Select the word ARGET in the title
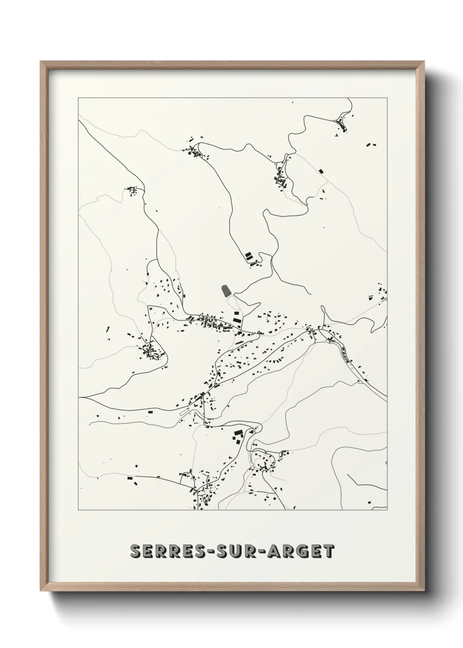click(298, 552)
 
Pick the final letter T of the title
click(329, 552)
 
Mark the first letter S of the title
click(136, 552)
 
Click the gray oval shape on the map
click(226, 290)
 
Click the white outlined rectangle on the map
click(184, 412)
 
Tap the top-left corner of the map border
click(78, 98)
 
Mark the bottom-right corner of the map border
click(387, 510)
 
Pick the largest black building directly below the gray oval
click(237, 321)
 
